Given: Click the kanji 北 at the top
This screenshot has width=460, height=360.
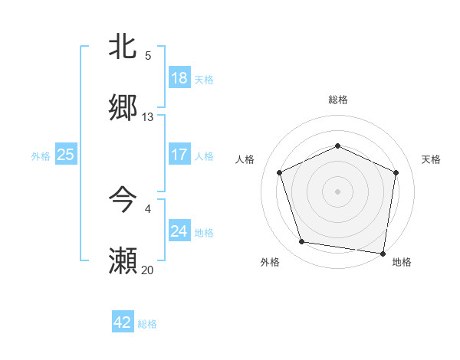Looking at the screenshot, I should pyautogui.click(x=123, y=46).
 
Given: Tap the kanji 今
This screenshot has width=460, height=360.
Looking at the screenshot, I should pyautogui.click(x=123, y=199).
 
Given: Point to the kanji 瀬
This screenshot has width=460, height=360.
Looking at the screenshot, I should pyautogui.click(x=123, y=260).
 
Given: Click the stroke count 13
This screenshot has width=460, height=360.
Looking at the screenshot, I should pyautogui.click(x=148, y=117).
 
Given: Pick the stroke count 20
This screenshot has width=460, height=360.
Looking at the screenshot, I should pyautogui.click(x=148, y=270).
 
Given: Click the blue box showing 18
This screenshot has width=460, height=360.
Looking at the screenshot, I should pyautogui.click(x=179, y=78).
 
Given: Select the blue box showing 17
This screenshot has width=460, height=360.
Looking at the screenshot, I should pyautogui.click(x=179, y=155).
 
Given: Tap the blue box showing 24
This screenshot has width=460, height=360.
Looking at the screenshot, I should pyautogui.click(x=179, y=231).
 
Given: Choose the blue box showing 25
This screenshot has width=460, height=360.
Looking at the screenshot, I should pyautogui.click(x=66, y=155).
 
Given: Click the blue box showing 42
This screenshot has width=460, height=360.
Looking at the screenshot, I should pyautogui.click(x=123, y=322).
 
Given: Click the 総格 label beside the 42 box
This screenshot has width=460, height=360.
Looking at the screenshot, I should pyautogui.click(x=147, y=324).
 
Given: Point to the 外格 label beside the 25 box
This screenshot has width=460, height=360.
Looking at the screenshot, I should pyautogui.click(x=41, y=155).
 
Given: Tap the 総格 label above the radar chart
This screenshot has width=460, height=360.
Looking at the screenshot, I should pyautogui.click(x=338, y=100).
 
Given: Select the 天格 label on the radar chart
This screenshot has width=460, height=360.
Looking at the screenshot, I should pyautogui.click(x=432, y=159).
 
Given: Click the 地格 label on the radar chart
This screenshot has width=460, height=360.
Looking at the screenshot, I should pyautogui.click(x=402, y=262).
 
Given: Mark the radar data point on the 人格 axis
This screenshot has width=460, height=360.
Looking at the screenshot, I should pyautogui.click(x=279, y=172).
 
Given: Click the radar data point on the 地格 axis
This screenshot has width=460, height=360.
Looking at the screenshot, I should pyautogui.click(x=383, y=253).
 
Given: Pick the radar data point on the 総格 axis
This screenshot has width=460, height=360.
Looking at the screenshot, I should pyautogui.click(x=338, y=146).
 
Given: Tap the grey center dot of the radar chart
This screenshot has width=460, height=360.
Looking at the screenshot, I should pyautogui.click(x=338, y=191).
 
